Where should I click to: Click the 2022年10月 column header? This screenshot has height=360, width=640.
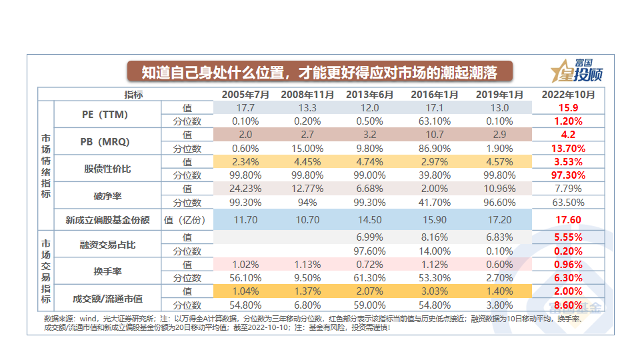click(568, 95)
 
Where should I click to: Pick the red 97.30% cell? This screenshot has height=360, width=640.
click(568, 175)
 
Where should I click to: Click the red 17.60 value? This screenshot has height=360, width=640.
click(568, 219)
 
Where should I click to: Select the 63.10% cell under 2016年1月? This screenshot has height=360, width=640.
click(435, 121)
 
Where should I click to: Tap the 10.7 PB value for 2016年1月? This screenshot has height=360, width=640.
click(435, 135)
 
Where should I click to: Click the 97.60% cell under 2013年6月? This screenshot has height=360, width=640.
click(370, 251)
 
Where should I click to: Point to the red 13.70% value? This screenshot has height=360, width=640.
click(568, 148)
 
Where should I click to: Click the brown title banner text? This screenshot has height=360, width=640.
click(320, 71)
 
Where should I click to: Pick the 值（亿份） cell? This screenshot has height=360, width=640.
click(187, 219)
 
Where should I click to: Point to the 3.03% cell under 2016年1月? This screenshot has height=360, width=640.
click(435, 291)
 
